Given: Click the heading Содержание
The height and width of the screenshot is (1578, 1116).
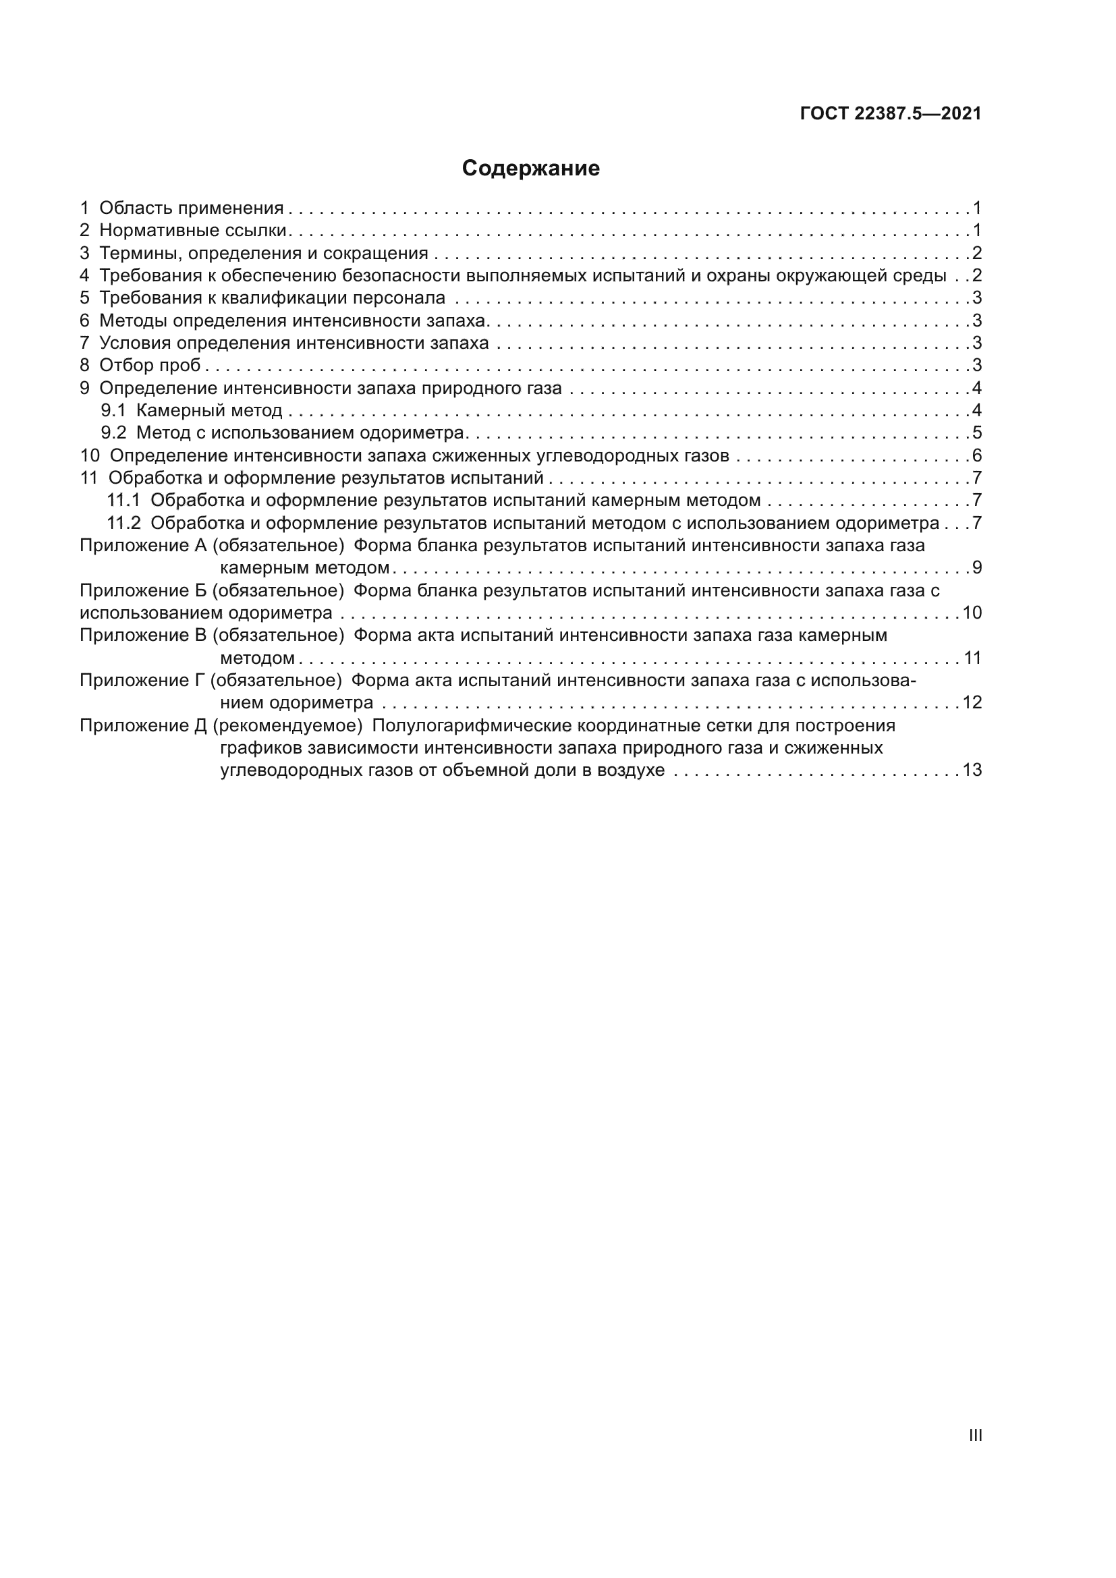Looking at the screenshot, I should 530,169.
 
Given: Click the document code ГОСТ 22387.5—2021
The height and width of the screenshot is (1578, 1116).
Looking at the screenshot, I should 891,113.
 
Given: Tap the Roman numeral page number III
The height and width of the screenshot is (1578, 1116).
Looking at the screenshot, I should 974,1436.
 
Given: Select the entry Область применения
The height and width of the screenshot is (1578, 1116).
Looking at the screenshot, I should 191,208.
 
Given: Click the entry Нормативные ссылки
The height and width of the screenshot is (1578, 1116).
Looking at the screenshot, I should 192,230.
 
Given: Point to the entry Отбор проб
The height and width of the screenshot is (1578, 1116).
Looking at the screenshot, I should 150,365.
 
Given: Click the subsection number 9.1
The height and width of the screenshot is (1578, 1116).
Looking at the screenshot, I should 113,411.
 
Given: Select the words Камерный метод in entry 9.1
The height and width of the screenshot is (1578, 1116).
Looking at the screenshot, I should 209,411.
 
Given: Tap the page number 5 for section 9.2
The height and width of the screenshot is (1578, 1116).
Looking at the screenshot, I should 976,433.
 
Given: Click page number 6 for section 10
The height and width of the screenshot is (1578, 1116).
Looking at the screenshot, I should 976,455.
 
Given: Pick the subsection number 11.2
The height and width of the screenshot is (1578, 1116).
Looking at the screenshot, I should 123,523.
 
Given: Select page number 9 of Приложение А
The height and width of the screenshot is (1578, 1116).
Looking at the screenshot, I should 976,567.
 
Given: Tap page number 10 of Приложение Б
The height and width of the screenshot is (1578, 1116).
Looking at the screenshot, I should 972,613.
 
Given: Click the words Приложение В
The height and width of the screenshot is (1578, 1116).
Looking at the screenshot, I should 143,635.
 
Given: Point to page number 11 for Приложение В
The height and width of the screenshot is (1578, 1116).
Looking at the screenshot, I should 972,658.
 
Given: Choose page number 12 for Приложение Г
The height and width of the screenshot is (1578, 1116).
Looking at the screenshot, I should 972,702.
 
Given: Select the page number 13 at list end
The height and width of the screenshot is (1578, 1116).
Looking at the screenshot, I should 972,770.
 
